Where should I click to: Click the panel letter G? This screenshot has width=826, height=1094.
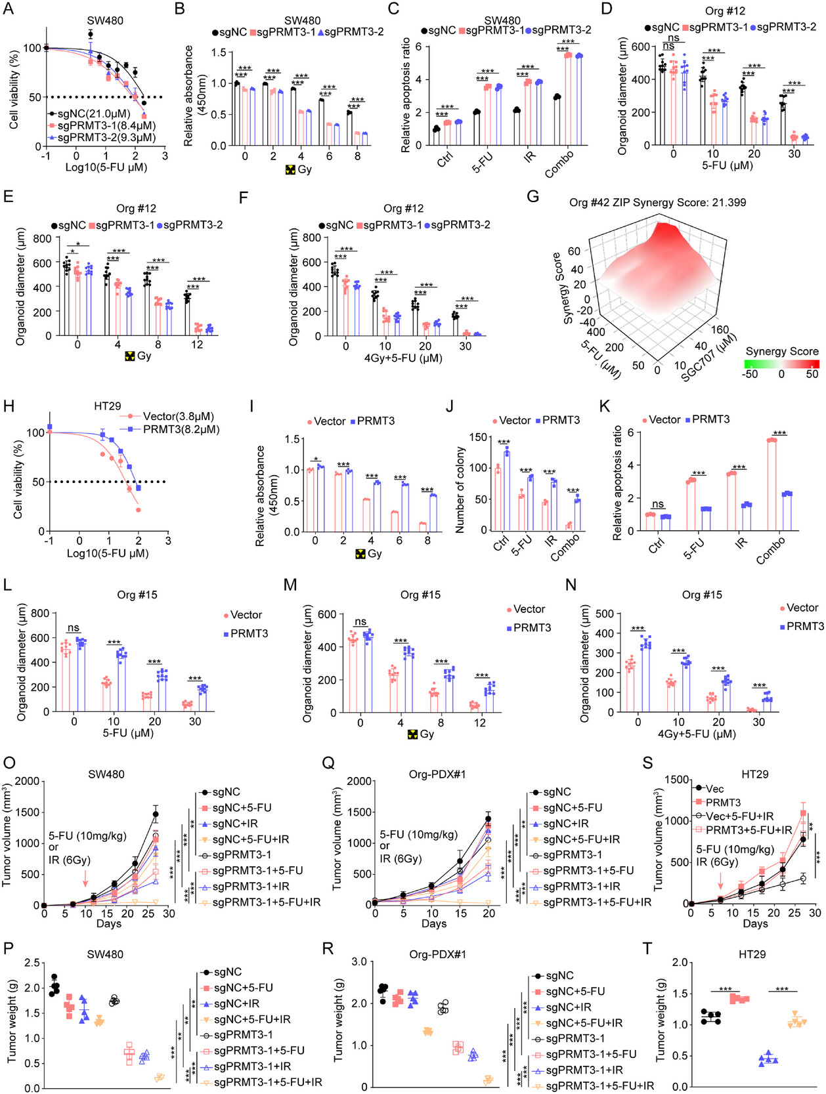tap(533, 196)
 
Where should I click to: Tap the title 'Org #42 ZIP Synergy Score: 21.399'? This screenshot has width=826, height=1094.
tap(657, 202)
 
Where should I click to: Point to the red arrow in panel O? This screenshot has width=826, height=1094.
tap(85, 878)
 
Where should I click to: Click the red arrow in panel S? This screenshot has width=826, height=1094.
tap(721, 878)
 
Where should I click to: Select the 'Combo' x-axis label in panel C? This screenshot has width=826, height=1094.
tap(559, 163)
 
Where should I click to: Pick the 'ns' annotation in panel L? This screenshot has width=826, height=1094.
tap(73, 627)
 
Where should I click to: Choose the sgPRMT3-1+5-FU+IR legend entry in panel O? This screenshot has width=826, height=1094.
tap(266, 902)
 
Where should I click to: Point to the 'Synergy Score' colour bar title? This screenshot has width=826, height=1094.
tap(782, 351)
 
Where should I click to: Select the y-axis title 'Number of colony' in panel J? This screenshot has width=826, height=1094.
tap(460, 490)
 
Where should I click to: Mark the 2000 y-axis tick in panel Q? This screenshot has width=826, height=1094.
tap(360, 780)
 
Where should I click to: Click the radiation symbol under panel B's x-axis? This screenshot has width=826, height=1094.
tap(290, 169)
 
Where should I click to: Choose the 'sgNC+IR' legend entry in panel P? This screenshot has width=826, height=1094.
tap(236, 1003)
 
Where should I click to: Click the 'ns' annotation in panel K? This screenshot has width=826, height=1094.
tap(657, 504)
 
